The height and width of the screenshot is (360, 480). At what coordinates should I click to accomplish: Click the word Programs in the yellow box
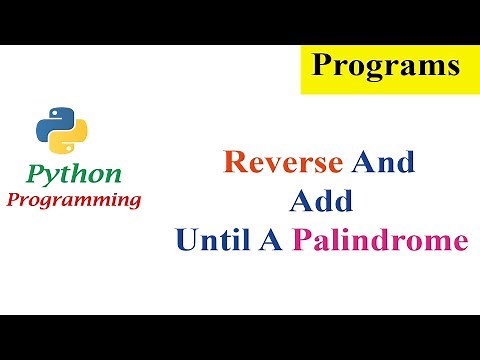(x=385, y=67)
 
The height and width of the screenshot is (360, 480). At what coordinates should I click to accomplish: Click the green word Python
(x=74, y=174)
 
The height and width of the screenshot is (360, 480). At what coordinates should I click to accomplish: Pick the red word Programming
(x=74, y=199)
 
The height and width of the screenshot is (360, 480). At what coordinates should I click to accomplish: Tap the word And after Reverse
(x=379, y=162)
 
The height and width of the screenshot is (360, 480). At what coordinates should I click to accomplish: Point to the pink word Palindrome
(x=380, y=241)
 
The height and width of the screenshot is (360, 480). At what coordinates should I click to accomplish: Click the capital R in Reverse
(x=232, y=162)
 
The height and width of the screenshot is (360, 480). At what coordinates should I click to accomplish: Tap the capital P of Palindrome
(x=302, y=241)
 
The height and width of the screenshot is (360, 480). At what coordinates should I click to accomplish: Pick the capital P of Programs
(x=323, y=66)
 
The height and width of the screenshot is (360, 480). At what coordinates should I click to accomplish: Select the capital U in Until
(x=185, y=241)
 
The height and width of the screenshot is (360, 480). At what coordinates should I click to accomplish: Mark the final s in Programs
(x=452, y=68)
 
